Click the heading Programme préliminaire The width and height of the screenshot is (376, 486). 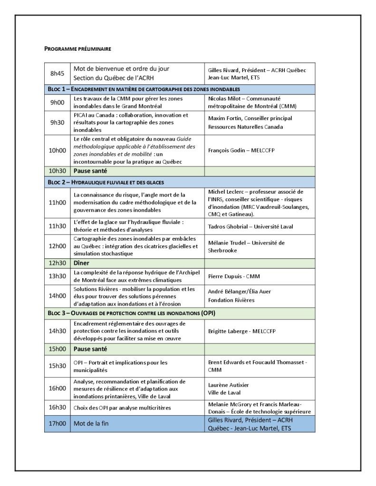pos(77,48)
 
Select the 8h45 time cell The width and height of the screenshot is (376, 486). pos(57,74)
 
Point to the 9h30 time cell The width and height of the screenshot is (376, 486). pos(57,122)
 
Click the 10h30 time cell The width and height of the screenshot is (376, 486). pos(57,170)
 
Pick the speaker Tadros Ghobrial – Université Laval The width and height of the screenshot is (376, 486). pos(251,226)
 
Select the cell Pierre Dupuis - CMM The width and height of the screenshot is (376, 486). pos(234,276)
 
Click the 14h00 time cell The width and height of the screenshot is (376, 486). pos(57,295)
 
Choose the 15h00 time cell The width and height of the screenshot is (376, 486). pos(57,349)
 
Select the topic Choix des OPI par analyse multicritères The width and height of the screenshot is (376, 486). pos(122,408)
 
